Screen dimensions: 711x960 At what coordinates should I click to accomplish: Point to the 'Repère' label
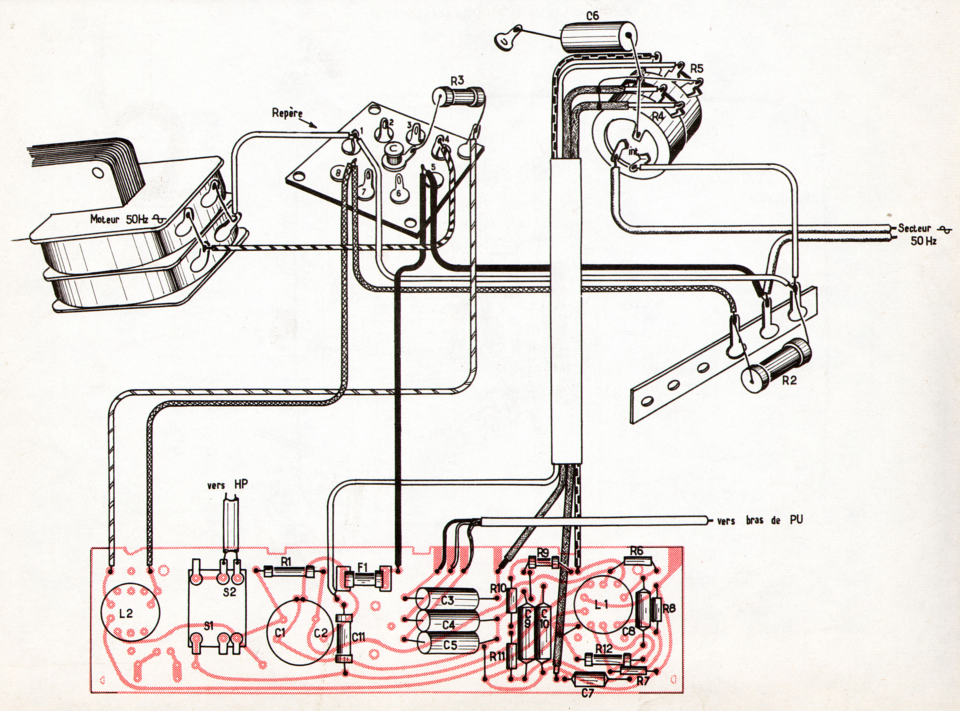(x=287, y=114)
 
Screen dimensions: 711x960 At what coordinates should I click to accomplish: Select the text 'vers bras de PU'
(x=760, y=520)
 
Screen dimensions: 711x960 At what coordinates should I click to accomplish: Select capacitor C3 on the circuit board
(x=448, y=599)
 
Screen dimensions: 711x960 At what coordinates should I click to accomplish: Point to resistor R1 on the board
(x=286, y=571)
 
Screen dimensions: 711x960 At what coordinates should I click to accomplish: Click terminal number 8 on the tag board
(x=338, y=173)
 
